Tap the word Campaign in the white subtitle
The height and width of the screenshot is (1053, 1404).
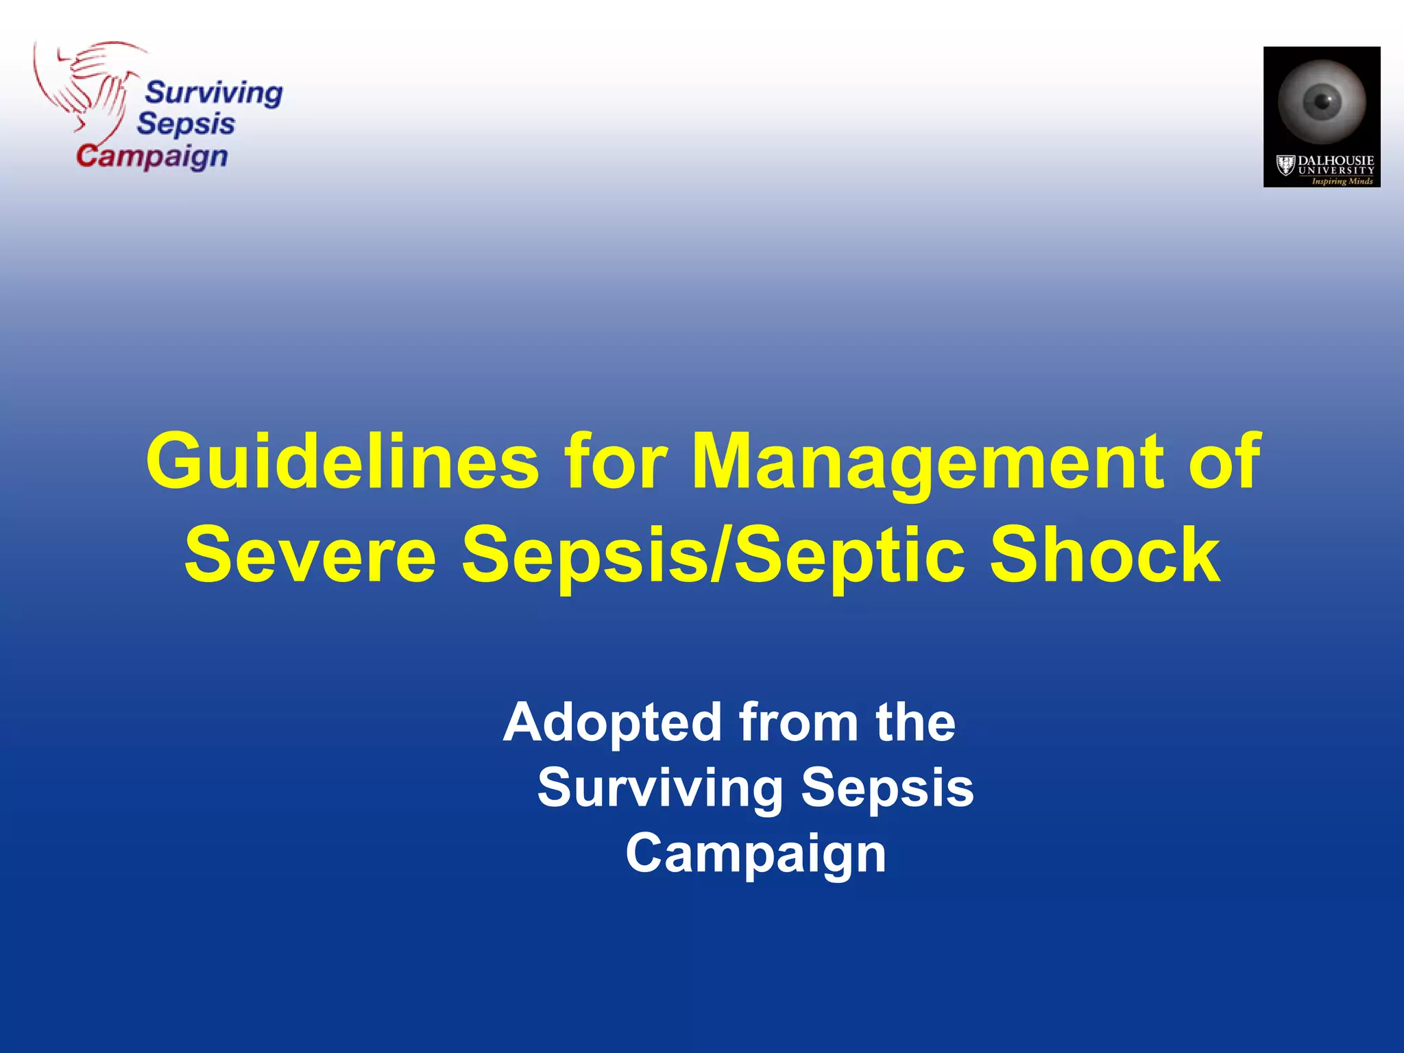[x=755, y=854]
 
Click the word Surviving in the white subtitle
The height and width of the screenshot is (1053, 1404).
[x=659, y=788]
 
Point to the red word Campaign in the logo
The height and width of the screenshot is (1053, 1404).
[x=152, y=156]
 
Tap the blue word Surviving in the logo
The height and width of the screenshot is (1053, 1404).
[x=214, y=93]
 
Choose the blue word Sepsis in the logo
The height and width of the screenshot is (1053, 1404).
[x=186, y=124]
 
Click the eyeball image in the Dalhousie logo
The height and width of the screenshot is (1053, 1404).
[x=1322, y=101]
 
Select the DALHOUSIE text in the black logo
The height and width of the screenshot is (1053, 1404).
[x=1335, y=161]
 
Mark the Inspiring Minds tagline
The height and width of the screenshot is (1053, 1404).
[x=1342, y=181]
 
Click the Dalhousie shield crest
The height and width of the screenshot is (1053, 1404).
[x=1285, y=165]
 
